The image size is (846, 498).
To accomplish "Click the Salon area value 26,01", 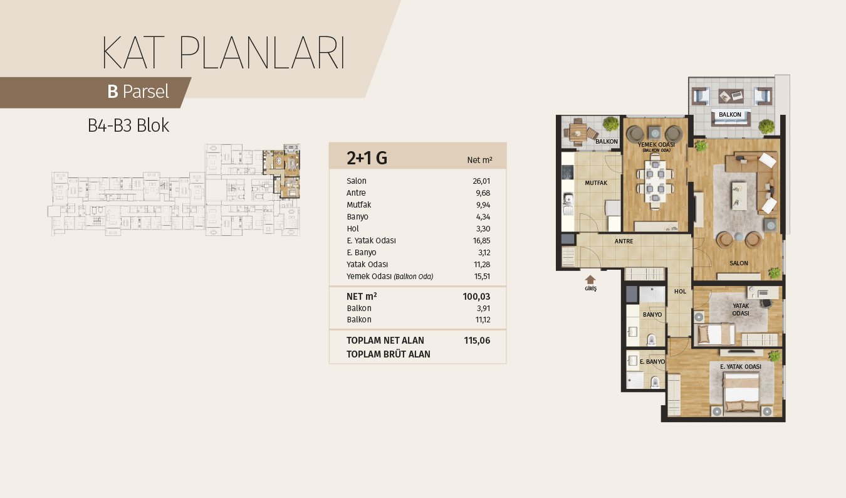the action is [481, 181].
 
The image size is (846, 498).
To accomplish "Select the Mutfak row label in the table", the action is [359, 204].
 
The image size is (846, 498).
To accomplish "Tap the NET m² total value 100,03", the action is [476, 297].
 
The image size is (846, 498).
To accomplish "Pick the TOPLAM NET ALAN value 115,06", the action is [477, 341].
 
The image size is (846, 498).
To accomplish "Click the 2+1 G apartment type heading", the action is [367, 158].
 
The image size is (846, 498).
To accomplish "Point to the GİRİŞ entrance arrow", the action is [590, 280].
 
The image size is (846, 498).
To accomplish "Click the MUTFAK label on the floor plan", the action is [596, 183].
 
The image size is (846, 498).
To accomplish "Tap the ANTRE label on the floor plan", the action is [624, 241].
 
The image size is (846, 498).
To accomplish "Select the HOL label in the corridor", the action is [680, 292].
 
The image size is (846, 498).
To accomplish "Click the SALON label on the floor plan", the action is [739, 263].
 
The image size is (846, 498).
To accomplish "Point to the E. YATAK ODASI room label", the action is [741, 366].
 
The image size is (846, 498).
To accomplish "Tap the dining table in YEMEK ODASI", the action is [655, 182].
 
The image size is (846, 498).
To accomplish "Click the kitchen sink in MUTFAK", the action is [568, 199].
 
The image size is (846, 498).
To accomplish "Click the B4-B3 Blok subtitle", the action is [128, 125].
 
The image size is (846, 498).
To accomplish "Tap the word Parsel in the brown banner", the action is [146, 92].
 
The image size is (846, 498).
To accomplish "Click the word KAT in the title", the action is [133, 53].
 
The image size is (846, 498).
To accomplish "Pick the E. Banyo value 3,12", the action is [484, 252].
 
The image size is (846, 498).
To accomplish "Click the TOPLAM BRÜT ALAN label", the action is [389, 354].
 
